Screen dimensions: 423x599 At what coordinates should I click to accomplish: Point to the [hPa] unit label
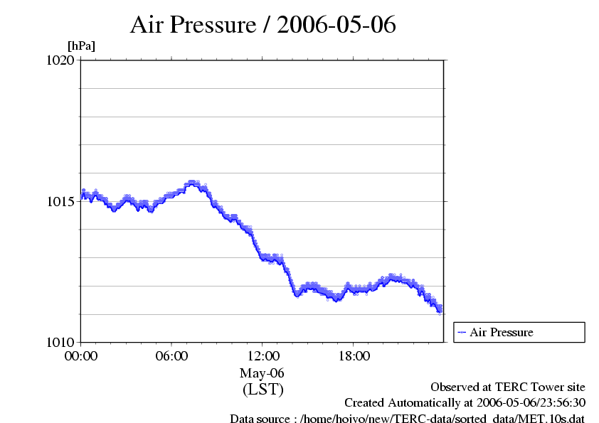[81, 46]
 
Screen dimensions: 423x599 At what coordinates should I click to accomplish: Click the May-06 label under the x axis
[263, 373]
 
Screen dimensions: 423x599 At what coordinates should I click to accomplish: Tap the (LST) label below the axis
[263, 390]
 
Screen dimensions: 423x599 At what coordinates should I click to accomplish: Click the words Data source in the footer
[261, 419]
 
